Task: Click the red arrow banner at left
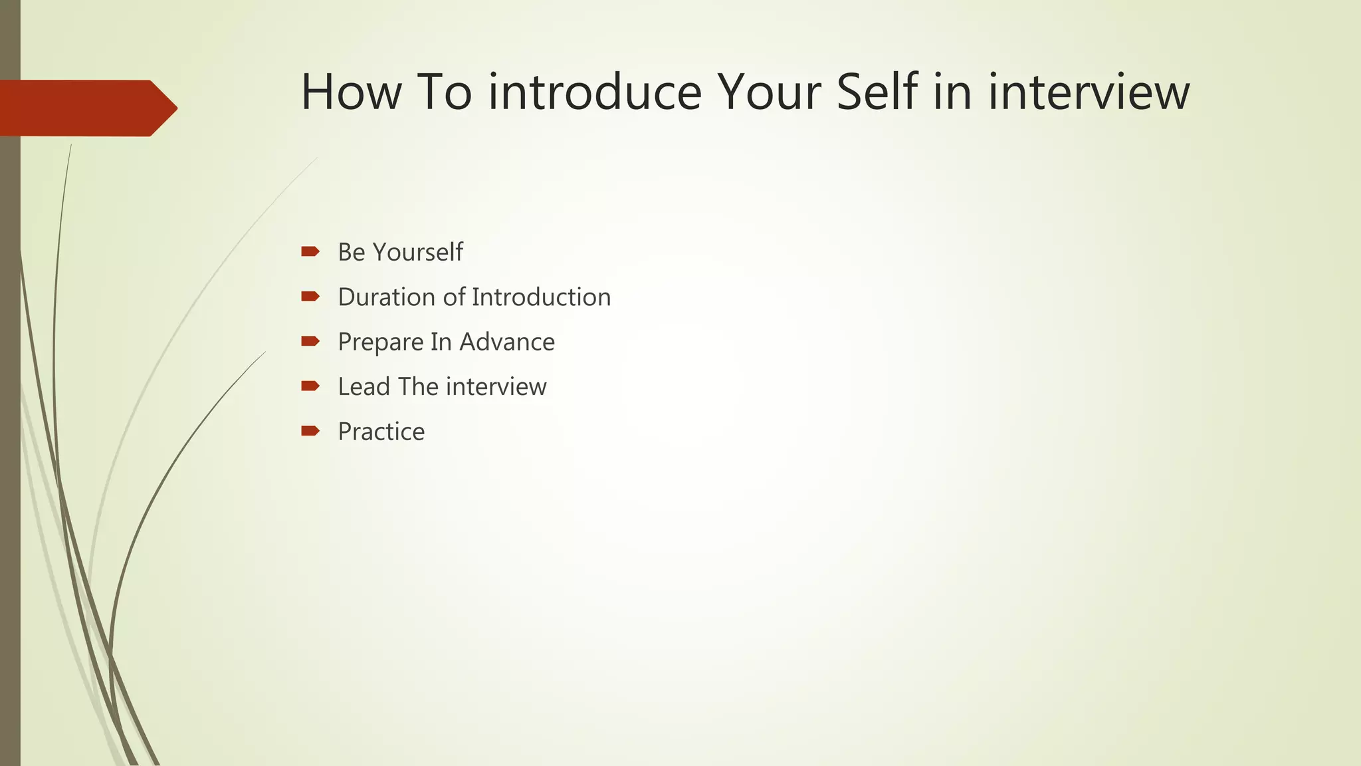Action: coord(86,108)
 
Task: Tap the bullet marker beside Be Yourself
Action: coord(310,251)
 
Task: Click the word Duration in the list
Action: coord(387,297)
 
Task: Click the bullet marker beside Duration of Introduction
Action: coord(310,297)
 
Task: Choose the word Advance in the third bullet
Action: coord(507,342)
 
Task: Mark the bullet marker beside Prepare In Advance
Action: coord(310,341)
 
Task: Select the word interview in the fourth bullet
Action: coord(496,386)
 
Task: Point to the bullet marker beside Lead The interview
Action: coord(310,386)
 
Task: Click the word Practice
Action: coord(381,432)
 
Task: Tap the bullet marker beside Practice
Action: coord(310,431)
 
